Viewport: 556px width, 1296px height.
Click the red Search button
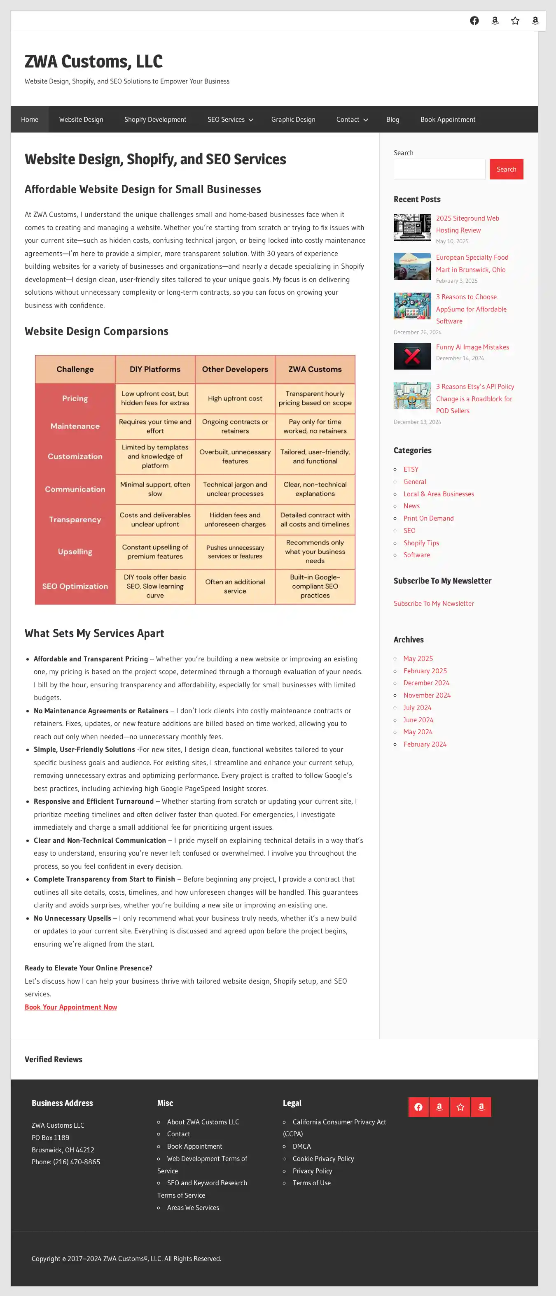(506, 169)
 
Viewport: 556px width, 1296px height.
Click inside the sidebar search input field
(439, 169)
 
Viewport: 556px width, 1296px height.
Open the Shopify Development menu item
(155, 119)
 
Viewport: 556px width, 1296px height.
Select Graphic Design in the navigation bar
(293, 119)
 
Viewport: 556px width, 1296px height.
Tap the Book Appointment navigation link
(448, 119)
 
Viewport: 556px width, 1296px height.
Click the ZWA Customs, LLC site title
(93, 61)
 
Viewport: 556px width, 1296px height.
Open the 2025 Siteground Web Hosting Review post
(467, 224)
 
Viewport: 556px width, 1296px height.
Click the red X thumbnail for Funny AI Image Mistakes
(412, 356)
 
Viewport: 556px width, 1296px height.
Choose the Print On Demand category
(428, 518)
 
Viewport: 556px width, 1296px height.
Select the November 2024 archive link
(427, 695)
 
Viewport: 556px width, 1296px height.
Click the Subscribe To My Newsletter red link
(434, 603)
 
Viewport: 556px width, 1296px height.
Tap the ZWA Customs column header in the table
(315, 369)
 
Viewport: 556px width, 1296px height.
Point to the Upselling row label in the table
(75, 551)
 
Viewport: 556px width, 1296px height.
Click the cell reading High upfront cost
(235, 398)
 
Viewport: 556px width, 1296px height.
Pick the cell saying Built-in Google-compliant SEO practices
(315, 586)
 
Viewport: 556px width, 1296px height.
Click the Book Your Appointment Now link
(70, 1007)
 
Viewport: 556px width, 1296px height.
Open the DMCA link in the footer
(301, 1146)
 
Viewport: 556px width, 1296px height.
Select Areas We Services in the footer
(193, 1208)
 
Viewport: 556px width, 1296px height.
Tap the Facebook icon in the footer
(418, 1107)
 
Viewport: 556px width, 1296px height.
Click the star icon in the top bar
(515, 21)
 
